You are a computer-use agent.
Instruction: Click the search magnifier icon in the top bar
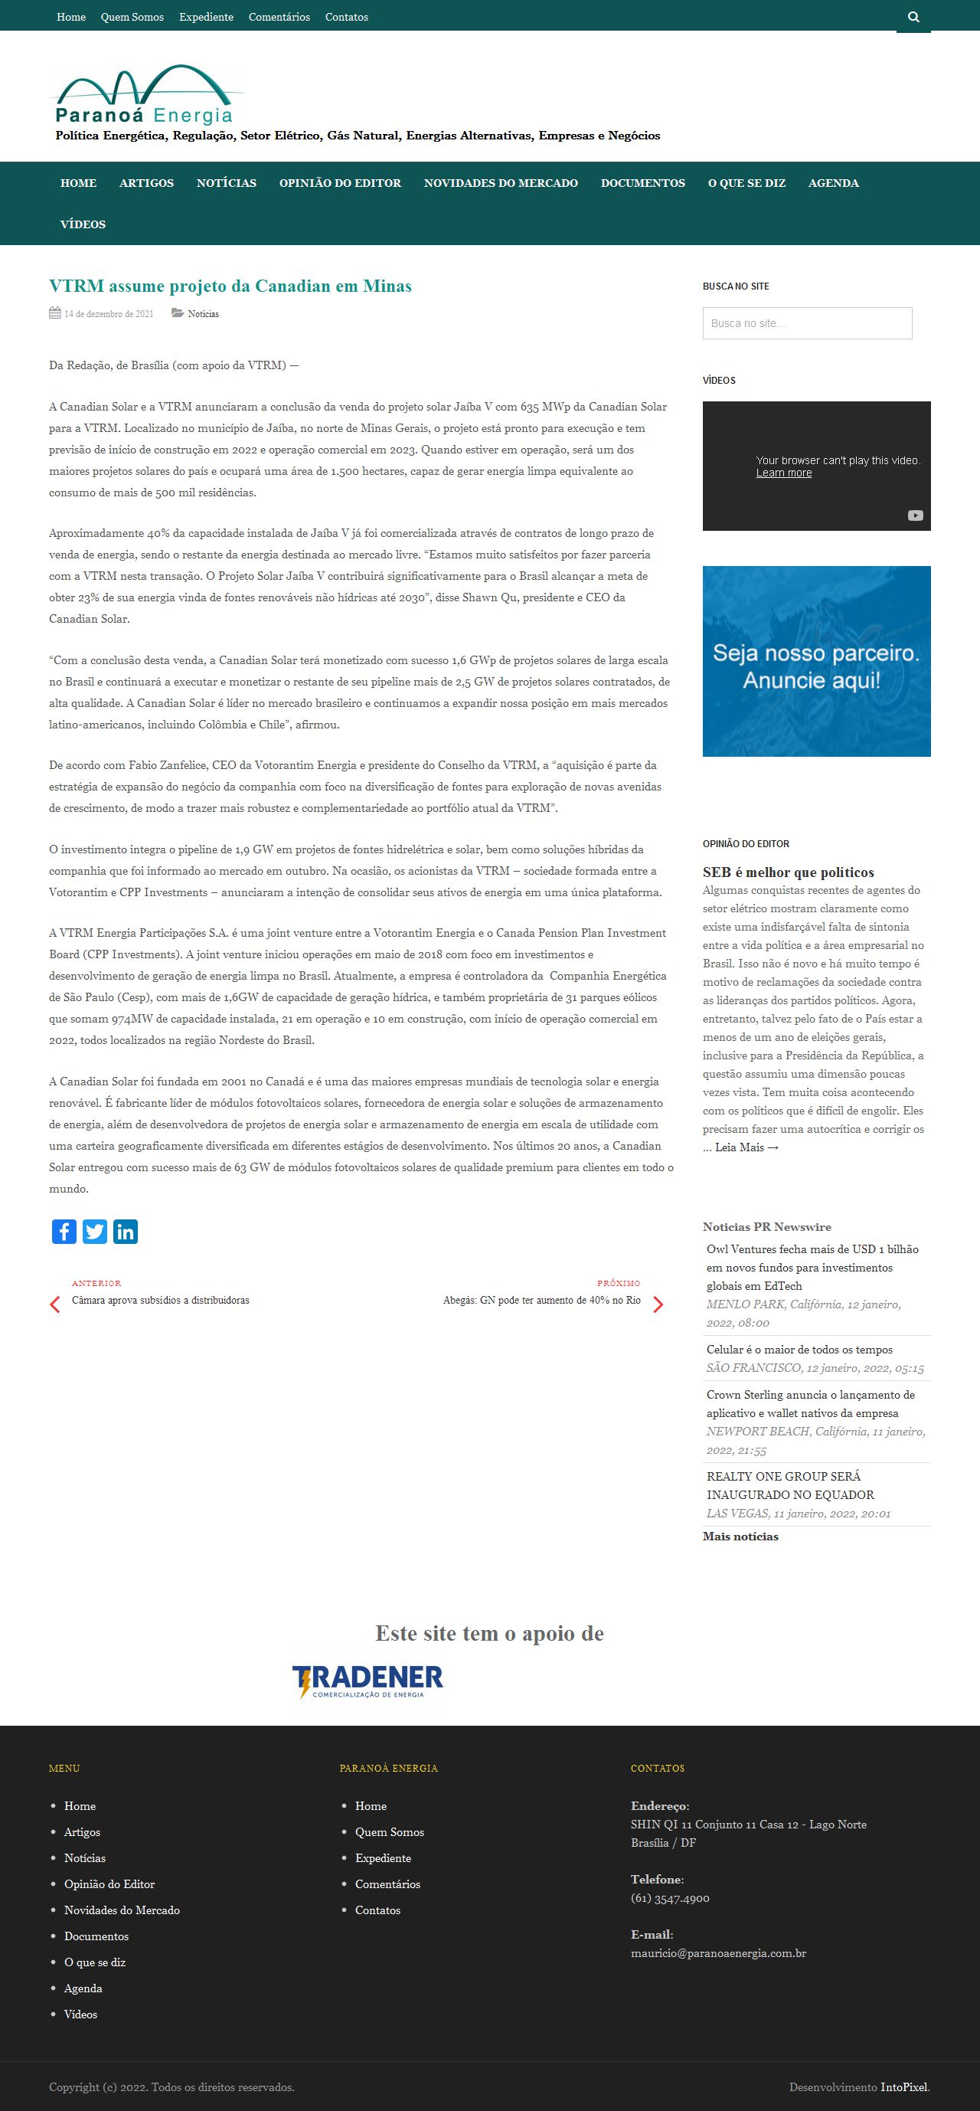click(913, 17)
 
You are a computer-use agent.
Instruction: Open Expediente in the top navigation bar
click(207, 17)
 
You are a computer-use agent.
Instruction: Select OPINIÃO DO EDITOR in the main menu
click(340, 183)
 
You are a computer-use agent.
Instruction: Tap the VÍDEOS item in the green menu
click(83, 224)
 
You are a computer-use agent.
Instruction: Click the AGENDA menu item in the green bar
click(833, 183)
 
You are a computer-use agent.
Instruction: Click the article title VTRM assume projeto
click(230, 286)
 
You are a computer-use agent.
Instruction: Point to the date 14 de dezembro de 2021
click(108, 314)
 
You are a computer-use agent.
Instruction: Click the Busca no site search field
click(807, 323)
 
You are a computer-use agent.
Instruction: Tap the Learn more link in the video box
click(783, 473)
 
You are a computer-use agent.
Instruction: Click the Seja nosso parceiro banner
click(816, 660)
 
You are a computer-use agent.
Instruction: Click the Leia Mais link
click(746, 1147)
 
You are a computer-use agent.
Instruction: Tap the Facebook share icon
click(64, 1231)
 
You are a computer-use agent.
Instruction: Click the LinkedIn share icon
click(126, 1231)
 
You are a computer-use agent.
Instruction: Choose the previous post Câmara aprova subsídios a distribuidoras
click(161, 1300)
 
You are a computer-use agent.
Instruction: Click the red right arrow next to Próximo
click(657, 1304)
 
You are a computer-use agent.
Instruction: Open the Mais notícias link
click(740, 1536)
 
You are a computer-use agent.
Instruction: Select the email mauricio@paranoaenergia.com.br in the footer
click(718, 1953)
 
